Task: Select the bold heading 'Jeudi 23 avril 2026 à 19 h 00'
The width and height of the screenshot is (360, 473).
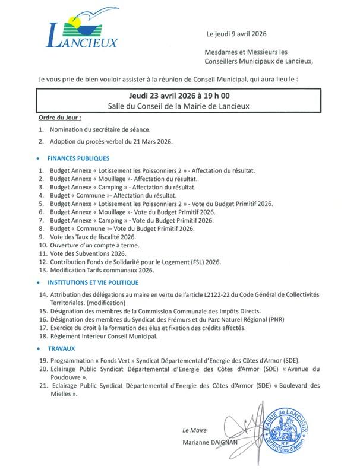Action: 179,96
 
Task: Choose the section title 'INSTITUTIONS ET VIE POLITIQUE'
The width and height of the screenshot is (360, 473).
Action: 93,282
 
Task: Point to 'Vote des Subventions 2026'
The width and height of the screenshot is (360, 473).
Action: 89,253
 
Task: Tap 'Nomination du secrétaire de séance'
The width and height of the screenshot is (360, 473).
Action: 100,129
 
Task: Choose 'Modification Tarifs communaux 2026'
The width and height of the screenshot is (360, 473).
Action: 102,269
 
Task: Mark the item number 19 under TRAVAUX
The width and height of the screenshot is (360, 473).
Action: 42,360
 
